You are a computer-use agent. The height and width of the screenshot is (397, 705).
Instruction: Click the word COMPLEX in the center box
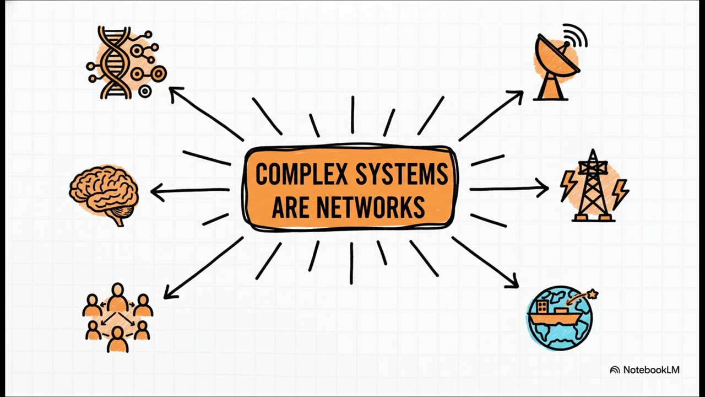(x=301, y=174)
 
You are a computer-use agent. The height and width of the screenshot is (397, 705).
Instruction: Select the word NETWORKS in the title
(x=371, y=207)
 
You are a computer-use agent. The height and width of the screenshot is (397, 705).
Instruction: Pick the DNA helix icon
(x=126, y=62)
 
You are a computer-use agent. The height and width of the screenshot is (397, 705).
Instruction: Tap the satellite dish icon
(x=560, y=62)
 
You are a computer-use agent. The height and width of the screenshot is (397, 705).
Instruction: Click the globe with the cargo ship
(x=560, y=318)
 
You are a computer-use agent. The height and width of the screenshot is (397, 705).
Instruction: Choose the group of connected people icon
(x=118, y=318)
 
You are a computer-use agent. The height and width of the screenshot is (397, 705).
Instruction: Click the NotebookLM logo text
(x=651, y=369)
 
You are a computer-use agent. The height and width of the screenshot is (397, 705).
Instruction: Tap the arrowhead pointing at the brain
(x=157, y=191)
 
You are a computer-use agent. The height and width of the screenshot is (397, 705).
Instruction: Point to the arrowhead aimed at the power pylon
(x=543, y=188)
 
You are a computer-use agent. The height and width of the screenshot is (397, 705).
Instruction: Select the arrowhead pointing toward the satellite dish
(x=516, y=96)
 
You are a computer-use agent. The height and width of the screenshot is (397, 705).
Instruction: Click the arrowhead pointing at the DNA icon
(x=175, y=93)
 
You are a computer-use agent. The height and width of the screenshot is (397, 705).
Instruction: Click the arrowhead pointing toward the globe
(x=513, y=282)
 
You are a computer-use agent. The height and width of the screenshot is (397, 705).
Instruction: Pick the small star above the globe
(x=593, y=294)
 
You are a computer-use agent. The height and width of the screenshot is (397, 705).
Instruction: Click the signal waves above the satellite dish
(x=577, y=35)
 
